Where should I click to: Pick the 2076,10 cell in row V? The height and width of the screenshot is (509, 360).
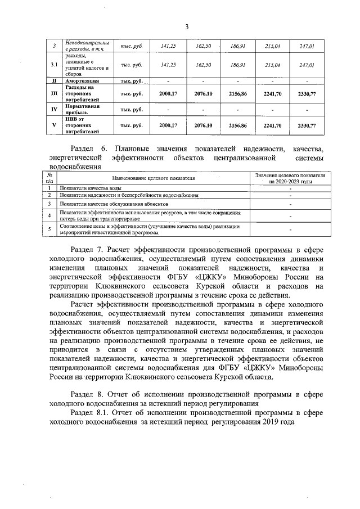pos(203,125)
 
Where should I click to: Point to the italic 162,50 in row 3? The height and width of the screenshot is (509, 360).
pos(203,46)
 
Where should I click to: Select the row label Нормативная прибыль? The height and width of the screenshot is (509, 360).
pos(82,109)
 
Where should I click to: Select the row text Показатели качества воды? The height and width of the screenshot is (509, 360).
pos(91,187)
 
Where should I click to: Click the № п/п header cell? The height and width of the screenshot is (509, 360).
pos(49,178)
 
